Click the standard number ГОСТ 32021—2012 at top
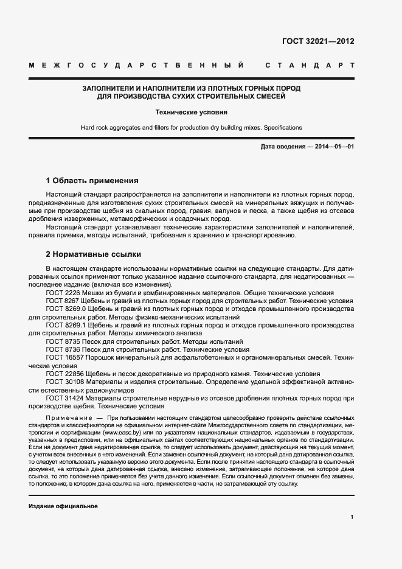(x=318, y=41)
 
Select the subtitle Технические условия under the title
(x=192, y=113)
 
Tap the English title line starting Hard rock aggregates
(x=192, y=128)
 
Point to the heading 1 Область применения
(x=92, y=181)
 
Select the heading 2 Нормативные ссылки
(x=94, y=254)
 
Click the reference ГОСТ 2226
(x=63, y=293)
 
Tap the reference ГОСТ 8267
(x=63, y=301)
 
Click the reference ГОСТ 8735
(x=63, y=342)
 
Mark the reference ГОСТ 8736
(x=63, y=350)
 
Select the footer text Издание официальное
(x=63, y=506)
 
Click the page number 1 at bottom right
(x=352, y=517)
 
